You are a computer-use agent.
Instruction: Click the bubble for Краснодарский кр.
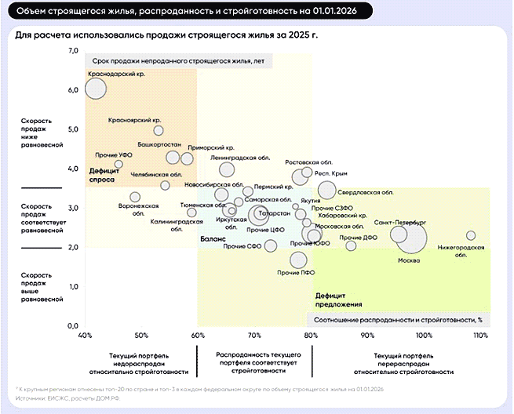tap(95, 89)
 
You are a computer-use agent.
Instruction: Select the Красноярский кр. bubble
tap(159, 130)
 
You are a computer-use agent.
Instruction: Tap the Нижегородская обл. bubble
tap(471, 235)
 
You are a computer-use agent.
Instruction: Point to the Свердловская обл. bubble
tap(327, 190)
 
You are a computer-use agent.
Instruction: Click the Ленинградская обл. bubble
tap(227, 169)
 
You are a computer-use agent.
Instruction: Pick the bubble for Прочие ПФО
tap(297, 260)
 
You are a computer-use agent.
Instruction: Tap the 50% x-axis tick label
tap(141, 335)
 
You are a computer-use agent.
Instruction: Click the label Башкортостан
tap(159, 145)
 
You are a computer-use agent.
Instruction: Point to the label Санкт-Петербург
tap(400, 223)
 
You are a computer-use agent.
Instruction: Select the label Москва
tap(409, 260)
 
